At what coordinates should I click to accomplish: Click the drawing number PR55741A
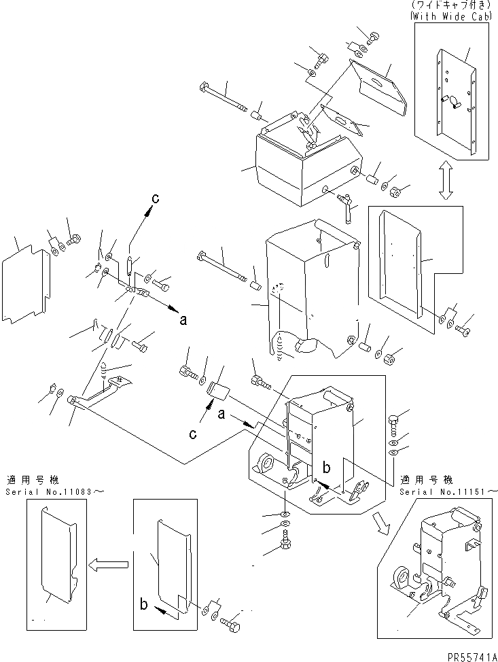(x=472, y=657)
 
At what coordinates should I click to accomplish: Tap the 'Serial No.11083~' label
(x=55, y=492)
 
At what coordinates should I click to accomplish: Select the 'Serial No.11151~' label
(x=448, y=492)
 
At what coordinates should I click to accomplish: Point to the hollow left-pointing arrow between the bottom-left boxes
(x=108, y=565)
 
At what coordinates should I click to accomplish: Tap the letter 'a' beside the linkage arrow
(x=183, y=320)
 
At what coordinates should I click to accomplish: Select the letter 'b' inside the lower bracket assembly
(x=326, y=468)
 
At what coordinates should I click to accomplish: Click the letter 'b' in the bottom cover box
(x=144, y=604)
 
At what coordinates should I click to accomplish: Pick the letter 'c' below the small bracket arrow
(x=193, y=434)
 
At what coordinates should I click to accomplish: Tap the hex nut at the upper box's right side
(x=395, y=192)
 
